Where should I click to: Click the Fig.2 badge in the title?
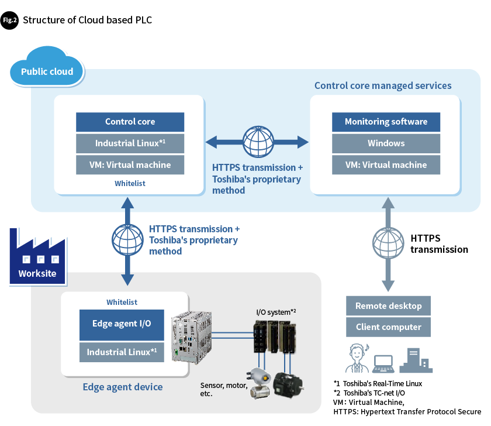(x=10, y=20)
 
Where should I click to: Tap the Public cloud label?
(x=47, y=72)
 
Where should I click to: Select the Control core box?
(x=130, y=122)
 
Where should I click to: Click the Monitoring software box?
(x=386, y=122)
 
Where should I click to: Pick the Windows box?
(x=386, y=143)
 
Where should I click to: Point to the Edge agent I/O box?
(x=122, y=324)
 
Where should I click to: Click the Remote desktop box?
(x=388, y=306)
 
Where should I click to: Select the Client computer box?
(x=388, y=328)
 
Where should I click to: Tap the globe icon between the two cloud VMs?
(x=257, y=141)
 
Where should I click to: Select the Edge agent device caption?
(x=123, y=387)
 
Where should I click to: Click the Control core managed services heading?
(x=383, y=85)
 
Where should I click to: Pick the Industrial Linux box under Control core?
(x=130, y=143)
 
